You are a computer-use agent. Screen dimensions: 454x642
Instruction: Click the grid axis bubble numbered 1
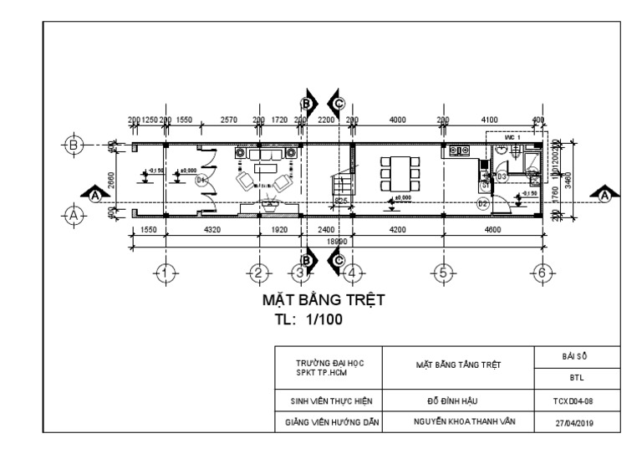pyautogui.click(x=166, y=273)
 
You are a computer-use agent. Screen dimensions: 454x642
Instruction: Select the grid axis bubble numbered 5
pyautogui.click(x=444, y=273)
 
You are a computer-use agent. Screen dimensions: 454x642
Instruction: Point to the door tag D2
pyautogui.click(x=482, y=203)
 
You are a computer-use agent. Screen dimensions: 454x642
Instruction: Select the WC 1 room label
pyautogui.click(x=513, y=135)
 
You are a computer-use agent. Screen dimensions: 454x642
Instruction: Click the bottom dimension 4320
pyautogui.click(x=211, y=228)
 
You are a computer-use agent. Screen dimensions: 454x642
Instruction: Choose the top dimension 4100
pyautogui.click(x=490, y=120)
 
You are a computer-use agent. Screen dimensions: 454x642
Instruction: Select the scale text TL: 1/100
pyautogui.click(x=308, y=319)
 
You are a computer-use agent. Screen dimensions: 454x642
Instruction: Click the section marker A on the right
pyautogui.click(x=604, y=194)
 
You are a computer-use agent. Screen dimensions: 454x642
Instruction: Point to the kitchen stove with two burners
pyautogui.click(x=458, y=150)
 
